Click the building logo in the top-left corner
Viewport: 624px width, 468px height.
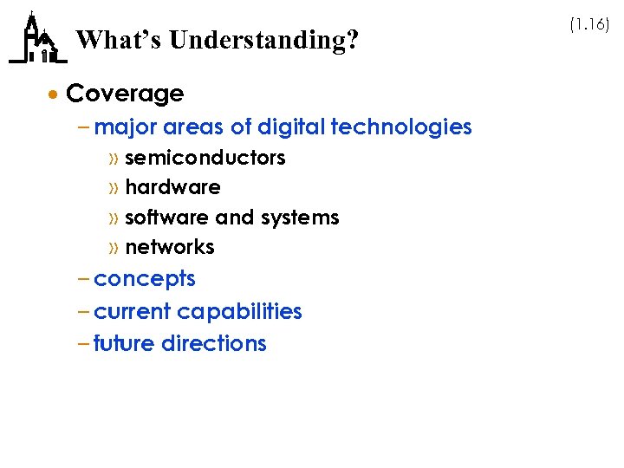click(x=36, y=40)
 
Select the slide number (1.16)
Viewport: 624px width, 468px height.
click(x=589, y=25)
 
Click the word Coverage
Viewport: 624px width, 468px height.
click(x=125, y=94)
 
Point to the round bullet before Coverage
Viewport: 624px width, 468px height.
click(x=55, y=94)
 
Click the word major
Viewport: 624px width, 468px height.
click(x=123, y=127)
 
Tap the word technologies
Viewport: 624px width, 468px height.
click(x=401, y=127)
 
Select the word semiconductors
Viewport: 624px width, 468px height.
click(x=205, y=158)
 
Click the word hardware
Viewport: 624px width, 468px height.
click(x=172, y=187)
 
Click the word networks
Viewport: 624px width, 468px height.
click(x=170, y=247)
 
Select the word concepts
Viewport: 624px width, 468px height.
click(x=145, y=280)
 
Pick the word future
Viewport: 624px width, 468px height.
click(x=122, y=343)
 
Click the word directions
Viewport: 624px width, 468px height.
click(x=212, y=343)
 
